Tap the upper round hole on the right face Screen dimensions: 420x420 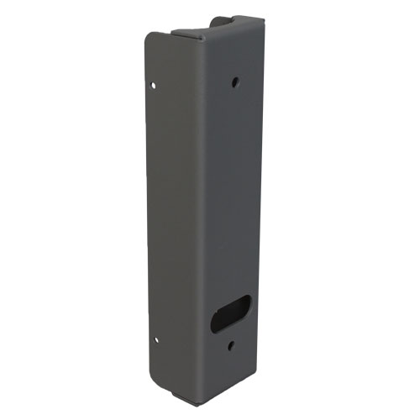(234, 82)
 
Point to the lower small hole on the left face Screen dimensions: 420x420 (156, 340)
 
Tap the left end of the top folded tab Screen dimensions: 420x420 (174, 32)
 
